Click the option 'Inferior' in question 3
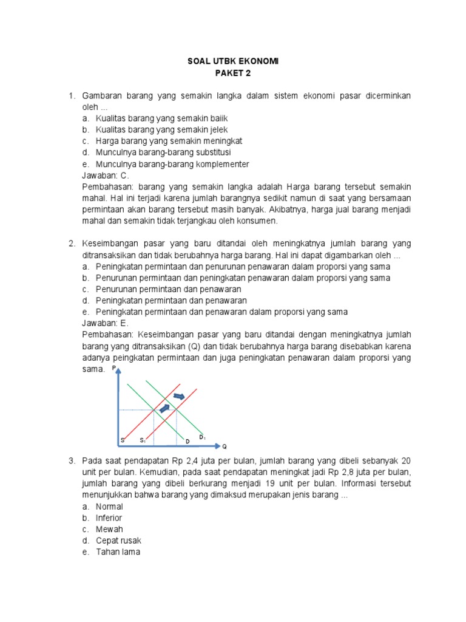[x=109, y=518]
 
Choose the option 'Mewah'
[x=109, y=529]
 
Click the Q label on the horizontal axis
[x=224, y=445]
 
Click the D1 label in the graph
[x=203, y=437]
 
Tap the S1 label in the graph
[x=143, y=440]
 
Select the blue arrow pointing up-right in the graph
[x=164, y=408]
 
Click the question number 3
[x=71, y=461]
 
